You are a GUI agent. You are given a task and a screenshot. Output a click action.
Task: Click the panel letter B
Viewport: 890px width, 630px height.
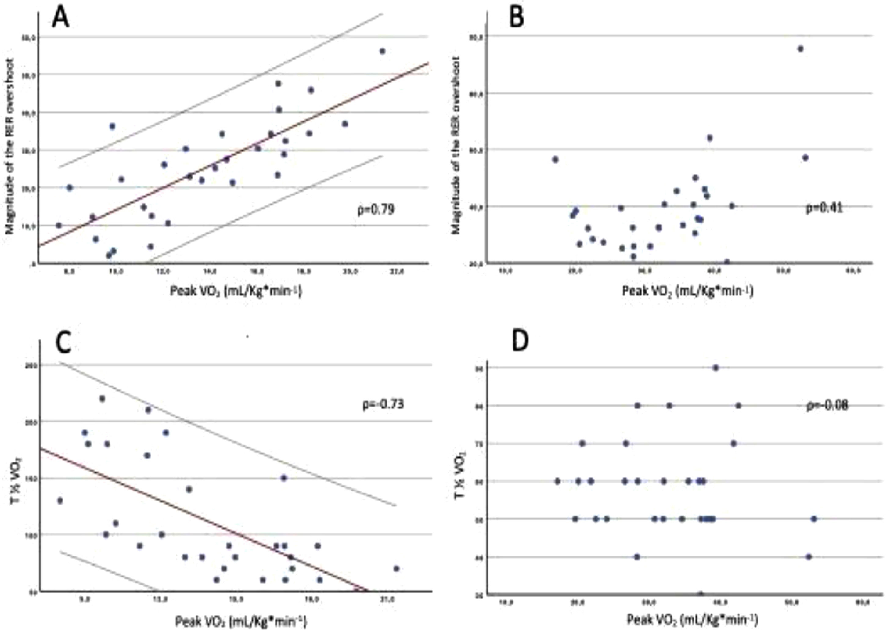(516, 17)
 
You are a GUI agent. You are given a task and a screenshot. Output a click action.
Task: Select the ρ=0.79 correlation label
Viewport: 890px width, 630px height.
(375, 210)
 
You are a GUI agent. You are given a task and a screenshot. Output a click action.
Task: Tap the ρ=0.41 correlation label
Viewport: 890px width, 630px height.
(824, 208)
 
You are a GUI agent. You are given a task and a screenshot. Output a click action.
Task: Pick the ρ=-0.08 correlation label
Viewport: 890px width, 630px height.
(827, 405)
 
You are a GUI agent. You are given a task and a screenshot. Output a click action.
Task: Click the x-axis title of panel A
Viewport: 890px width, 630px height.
(236, 291)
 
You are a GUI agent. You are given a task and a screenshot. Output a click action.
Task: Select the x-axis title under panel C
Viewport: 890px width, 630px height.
(241, 621)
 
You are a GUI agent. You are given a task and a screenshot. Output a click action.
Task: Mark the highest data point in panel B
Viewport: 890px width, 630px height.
(800, 49)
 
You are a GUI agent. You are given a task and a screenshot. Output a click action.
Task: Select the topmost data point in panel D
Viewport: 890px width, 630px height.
(716, 368)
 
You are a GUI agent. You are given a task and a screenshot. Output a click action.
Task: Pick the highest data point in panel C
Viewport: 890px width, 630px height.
(103, 398)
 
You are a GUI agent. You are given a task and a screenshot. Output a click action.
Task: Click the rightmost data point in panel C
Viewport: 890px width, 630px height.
(396, 568)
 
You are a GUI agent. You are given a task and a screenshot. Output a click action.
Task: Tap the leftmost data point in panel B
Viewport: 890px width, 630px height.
(555, 159)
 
